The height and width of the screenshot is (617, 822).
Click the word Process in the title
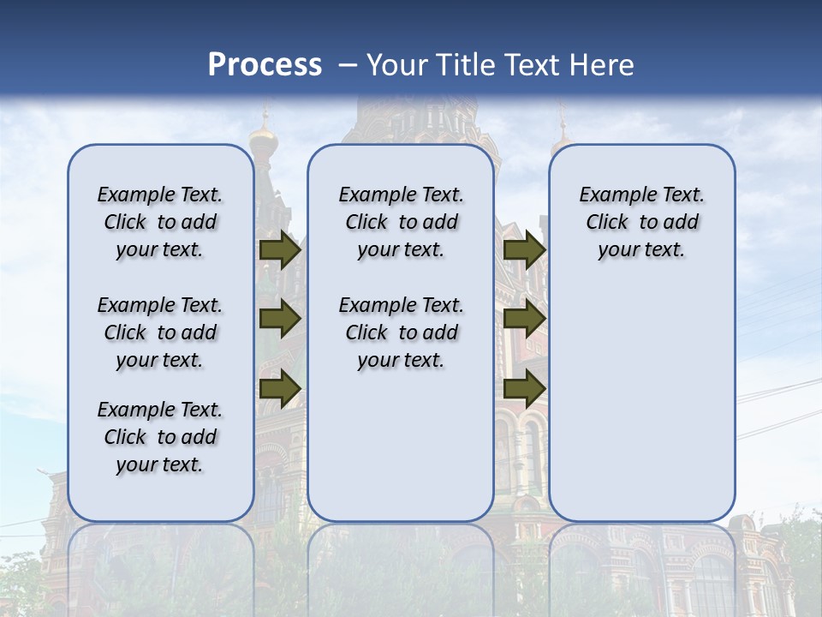coord(265,65)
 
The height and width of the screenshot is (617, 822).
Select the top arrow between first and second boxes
coord(280,250)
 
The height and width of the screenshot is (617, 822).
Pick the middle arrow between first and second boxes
coord(280,320)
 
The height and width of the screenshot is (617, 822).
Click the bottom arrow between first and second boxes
coord(280,389)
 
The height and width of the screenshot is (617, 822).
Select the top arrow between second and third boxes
coord(524,250)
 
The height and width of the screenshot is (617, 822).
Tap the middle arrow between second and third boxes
coord(524,320)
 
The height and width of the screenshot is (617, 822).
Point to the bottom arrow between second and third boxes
coord(524,389)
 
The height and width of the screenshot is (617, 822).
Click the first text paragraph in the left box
coord(160,222)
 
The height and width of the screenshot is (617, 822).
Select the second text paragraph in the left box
coord(160,332)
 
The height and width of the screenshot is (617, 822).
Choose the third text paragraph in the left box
coord(160,437)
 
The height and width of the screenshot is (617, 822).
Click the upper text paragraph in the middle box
coord(401,222)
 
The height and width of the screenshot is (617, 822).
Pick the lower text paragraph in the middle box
coord(401,332)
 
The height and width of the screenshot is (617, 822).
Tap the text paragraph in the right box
coord(641,222)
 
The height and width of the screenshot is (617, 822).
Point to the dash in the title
coord(348,66)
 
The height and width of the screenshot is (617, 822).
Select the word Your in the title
coord(396,65)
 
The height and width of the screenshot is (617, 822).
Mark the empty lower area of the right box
coord(641,403)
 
